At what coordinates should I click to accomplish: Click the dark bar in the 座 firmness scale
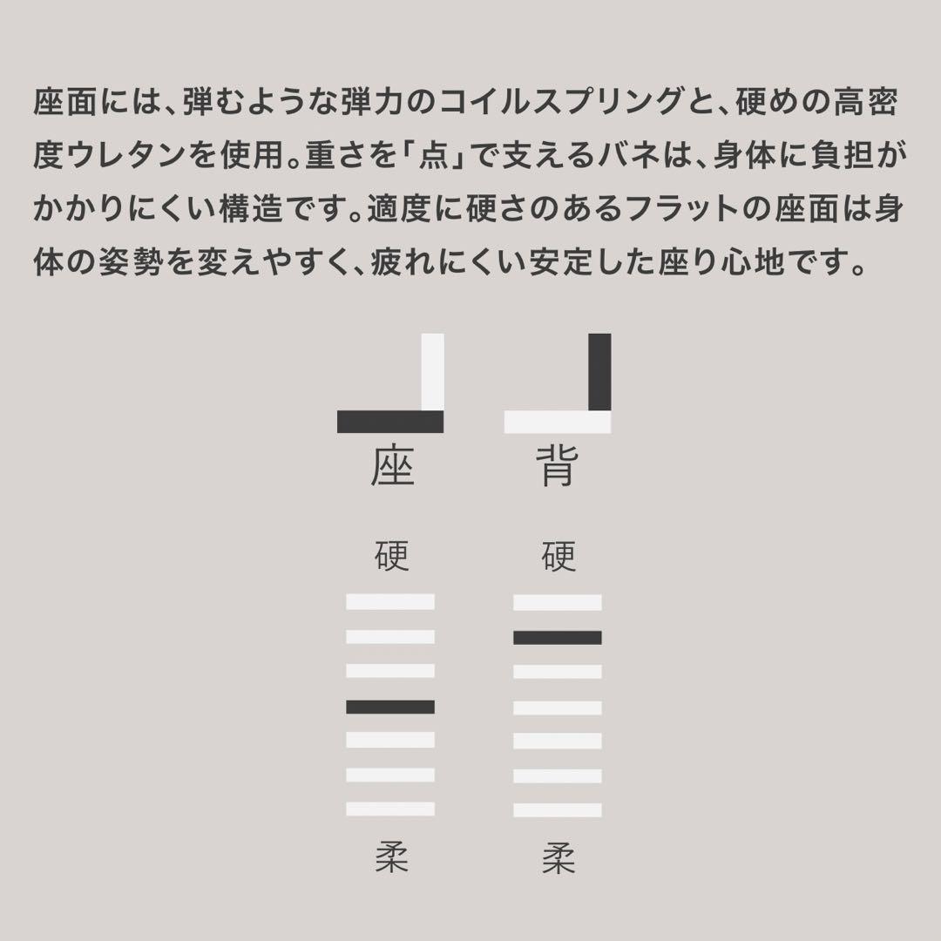coord(389,707)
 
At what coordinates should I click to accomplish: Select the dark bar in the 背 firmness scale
coord(557,638)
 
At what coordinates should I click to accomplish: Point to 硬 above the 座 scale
coord(392,555)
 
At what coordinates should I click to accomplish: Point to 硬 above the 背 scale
coord(559,555)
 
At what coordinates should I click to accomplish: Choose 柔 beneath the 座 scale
coord(392,858)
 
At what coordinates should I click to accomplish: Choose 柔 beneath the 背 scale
coord(559,858)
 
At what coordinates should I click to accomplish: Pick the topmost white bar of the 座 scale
coord(389,602)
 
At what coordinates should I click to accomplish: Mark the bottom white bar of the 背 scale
coord(557,809)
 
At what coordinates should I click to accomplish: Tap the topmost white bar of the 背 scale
coord(557,602)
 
